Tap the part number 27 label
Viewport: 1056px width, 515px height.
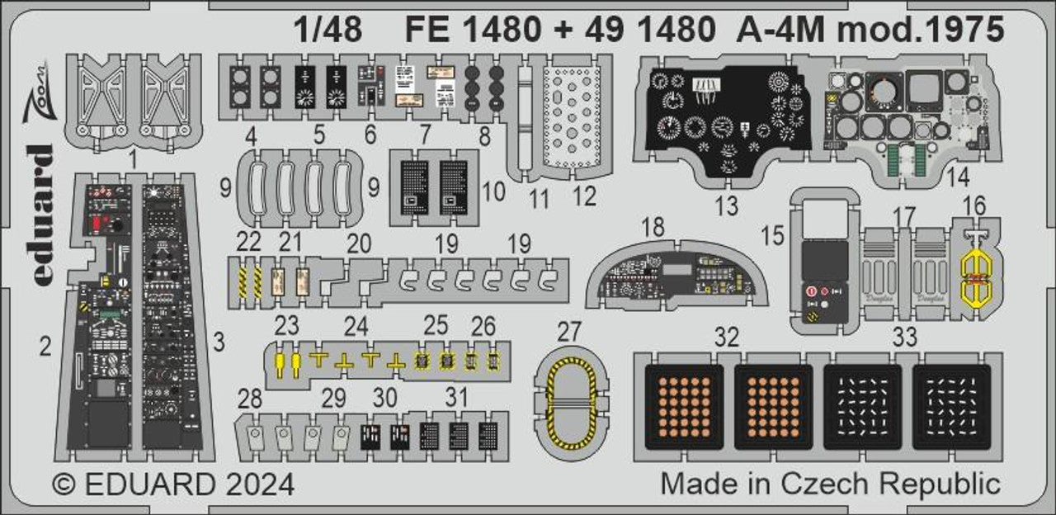569,332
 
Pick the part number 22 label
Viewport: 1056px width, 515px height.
248,241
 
